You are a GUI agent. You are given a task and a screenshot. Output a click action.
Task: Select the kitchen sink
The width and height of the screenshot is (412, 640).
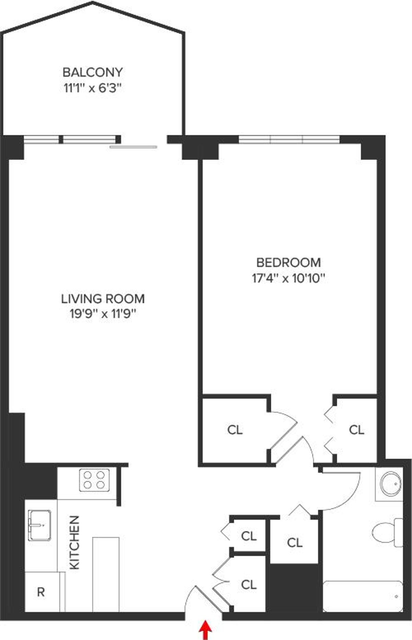[x=40, y=525]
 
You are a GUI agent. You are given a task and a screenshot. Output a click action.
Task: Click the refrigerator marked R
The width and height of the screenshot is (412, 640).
[x=41, y=592]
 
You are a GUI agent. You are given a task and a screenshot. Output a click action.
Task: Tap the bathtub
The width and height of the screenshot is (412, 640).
[x=363, y=596]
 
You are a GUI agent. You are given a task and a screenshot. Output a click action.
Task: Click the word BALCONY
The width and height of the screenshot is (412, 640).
[x=93, y=72]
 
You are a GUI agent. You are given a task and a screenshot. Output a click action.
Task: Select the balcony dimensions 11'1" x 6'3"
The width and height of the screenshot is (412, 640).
[x=93, y=89]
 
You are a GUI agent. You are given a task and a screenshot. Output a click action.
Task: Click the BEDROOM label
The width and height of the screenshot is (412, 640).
[x=288, y=262]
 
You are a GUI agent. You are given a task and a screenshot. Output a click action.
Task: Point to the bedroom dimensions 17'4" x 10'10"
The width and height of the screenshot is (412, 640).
[x=288, y=278]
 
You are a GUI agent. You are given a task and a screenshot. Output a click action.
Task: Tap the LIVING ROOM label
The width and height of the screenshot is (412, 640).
[x=103, y=299]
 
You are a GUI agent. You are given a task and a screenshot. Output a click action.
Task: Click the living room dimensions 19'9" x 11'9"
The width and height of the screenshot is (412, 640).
[x=103, y=314]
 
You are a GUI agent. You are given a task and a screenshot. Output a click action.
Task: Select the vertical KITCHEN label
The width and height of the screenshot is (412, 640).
[x=75, y=542]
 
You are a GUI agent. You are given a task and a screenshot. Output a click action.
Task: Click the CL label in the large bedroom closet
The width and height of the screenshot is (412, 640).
[x=235, y=430]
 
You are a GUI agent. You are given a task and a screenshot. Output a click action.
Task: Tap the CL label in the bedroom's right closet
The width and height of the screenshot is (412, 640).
[x=356, y=430]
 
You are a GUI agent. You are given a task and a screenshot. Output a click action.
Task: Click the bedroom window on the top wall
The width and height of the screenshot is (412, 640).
[x=289, y=139]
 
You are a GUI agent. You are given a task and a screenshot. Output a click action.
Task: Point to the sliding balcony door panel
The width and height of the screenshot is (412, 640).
[x=133, y=147]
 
